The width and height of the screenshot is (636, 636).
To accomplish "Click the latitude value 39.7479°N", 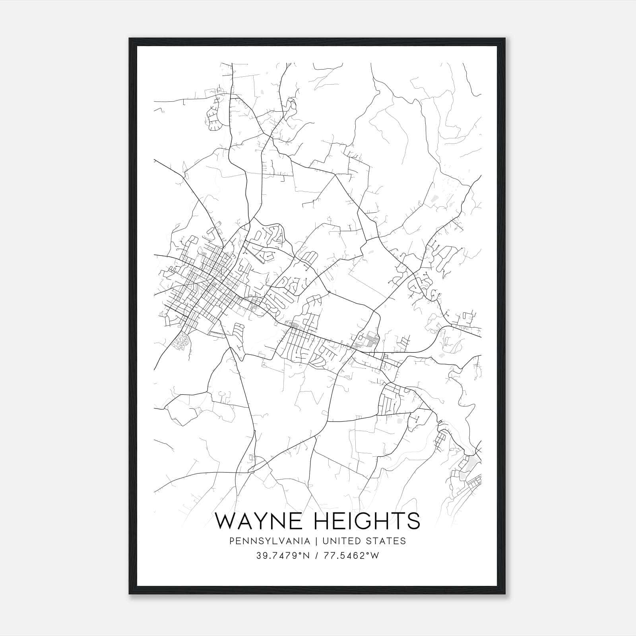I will point(282,555).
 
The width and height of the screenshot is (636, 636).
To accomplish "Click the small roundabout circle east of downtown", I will point(329,293).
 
